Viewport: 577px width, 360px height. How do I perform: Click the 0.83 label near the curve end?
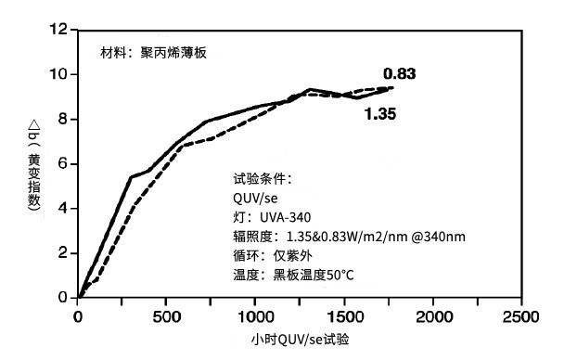pyautogui.click(x=399, y=74)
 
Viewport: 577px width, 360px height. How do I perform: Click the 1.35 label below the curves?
pyautogui.click(x=380, y=114)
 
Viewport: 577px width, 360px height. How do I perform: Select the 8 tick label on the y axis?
pyautogui.click(x=63, y=119)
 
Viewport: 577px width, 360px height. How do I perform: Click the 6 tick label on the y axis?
pyautogui.click(x=63, y=163)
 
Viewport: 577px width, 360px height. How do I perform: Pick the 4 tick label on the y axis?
pyautogui.click(x=63, y=208)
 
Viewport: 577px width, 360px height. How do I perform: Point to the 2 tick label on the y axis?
pyautogui.click(x=63, y=252)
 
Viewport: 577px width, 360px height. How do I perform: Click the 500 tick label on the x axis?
pyautogui.click(x=166, y=316)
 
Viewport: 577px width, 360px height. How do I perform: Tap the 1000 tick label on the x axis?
pyautogui.click(x=254, y=316)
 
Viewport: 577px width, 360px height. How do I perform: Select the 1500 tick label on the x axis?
pyautogui.click(x=343, y=316)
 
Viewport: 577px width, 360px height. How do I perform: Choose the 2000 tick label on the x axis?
pyautogui.click(x=432, y=316)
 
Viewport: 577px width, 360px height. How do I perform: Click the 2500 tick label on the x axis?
pyautogui.click(x=520, y=316)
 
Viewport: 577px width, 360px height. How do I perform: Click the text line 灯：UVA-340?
pyautogui.click(x=265, y=217)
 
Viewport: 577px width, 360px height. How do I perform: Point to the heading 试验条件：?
pyautogui.click(x=263, y=178)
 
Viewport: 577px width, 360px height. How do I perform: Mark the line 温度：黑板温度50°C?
pyautogui.click(x=293, y=276)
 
